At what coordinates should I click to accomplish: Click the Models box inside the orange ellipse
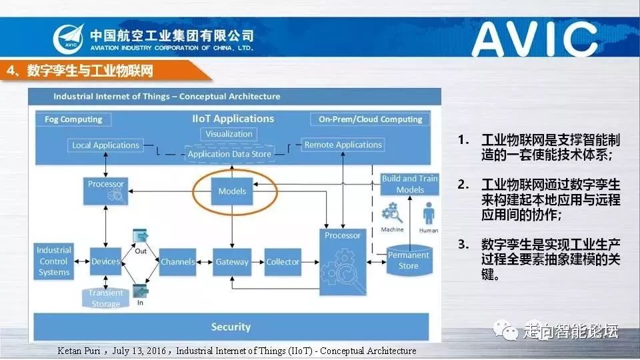232,191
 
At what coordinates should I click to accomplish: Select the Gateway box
231,262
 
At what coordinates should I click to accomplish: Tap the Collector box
283,262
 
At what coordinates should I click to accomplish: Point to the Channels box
178,262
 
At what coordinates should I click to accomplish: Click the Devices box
105,262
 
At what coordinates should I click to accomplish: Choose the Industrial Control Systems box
54,261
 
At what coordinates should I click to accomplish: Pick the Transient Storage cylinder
106,298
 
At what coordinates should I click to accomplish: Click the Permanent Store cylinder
409,261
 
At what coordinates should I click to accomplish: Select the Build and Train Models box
409,184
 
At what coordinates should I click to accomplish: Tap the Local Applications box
105,145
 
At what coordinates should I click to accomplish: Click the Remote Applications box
343,145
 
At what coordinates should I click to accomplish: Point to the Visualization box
229,134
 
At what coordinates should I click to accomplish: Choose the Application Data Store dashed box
229,154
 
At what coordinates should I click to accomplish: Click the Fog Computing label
73,119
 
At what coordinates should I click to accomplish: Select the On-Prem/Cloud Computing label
370,119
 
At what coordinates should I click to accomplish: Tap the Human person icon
429,216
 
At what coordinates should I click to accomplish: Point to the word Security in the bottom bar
231,327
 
